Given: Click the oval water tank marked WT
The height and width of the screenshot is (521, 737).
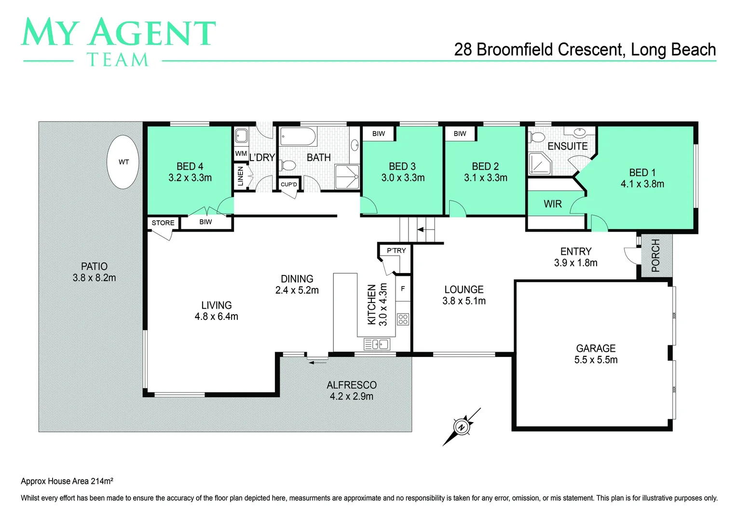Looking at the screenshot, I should pyautogui.click(x=123, y=162).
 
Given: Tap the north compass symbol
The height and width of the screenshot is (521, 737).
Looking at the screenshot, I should pyautogui.click(x=462, y=427).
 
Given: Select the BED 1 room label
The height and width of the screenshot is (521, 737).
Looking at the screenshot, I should pyautogui.click(x=642, y=178).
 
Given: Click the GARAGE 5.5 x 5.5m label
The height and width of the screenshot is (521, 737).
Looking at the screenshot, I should pyautogui.click(x=596, y=354).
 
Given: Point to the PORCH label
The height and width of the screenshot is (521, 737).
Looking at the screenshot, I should pyautogui.click(x=655, y=256).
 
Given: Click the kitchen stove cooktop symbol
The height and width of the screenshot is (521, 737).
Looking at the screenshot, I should pyautogui.click(x=403, y=319).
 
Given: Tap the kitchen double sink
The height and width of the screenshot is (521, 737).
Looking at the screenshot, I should pyautogui.click(x=377, y=344).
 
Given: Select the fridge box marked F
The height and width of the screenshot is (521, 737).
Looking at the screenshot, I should pyautogui.click(x=403, y=289).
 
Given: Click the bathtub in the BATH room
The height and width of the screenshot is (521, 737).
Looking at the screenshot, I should pyautogui.click(x=298, y=137).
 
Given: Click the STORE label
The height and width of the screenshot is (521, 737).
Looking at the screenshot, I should pyautogui.click(x=163, y=223).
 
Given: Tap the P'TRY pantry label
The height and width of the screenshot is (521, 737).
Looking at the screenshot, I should pyautogui.click(x=396, y=250).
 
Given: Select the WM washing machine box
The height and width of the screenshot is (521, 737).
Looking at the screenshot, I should pyautogui.click(x=241, y=153).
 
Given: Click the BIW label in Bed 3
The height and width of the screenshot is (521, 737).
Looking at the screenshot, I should pyautogui.click(x=379, y=134).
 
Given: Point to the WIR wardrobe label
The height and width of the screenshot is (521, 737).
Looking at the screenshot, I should pyautogui.click(x=552, y=204).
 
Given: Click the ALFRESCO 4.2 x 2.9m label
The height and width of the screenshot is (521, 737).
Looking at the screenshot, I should pyautogui.click(x=351, y=391).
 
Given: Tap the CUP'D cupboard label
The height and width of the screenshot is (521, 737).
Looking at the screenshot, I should pyautogui.click(x=288, y=184).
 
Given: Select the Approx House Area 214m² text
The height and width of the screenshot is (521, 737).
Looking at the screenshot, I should pyautogui.click(x=67, y=481).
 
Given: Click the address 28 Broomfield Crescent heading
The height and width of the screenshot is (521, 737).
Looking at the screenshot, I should pyautogui.click(x=585, y=50).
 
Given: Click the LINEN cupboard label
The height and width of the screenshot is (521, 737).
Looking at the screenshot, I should pyautogui.click(x=240, y=177).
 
